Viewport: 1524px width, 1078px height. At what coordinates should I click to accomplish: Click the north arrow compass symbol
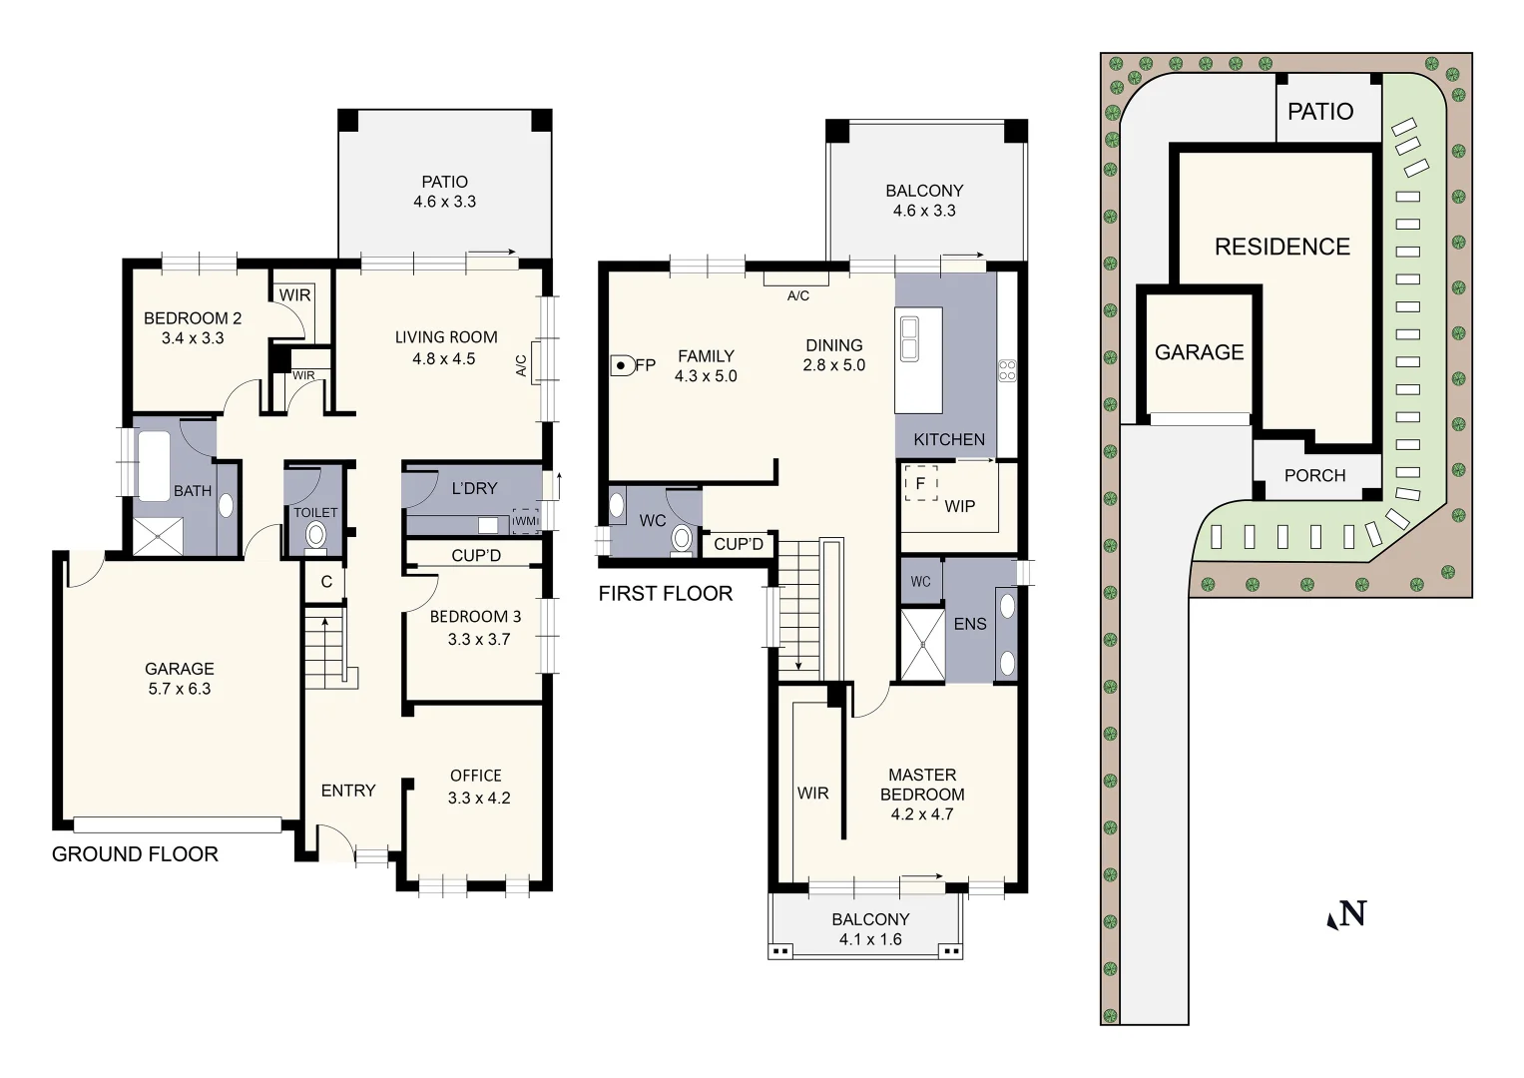coord(1346,914)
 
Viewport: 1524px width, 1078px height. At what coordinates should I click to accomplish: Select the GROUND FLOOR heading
coord(135,854)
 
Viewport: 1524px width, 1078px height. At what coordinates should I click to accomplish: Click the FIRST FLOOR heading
coord(666,594)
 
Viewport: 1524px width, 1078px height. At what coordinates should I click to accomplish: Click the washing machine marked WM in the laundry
coord(525,521)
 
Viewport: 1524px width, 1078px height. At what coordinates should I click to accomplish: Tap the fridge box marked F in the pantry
coord(920,483)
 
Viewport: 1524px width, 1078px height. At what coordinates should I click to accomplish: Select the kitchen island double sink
coord(909,339)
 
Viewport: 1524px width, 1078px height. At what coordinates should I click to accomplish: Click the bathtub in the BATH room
coord(153,465)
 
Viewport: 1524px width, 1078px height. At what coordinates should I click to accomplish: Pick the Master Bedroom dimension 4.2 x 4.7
coord(921,814)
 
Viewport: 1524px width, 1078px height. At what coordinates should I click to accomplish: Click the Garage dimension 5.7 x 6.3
coord(179,689)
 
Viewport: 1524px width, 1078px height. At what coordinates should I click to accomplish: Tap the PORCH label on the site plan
coord(1314,476)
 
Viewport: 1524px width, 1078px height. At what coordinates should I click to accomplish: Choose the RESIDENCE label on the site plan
coord(1281,247)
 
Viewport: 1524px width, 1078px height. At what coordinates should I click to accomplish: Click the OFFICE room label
coord(475,776)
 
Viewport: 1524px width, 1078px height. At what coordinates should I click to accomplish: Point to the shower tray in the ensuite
coord(922,645)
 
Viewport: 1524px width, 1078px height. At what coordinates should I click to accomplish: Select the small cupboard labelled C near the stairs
coord(326,582)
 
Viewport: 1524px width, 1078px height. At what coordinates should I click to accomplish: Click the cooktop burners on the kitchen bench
coord(1007,370)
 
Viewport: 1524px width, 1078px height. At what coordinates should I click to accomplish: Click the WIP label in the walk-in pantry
coord(959,506)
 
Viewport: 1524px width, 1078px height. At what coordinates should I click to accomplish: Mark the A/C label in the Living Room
coord(520,366)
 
